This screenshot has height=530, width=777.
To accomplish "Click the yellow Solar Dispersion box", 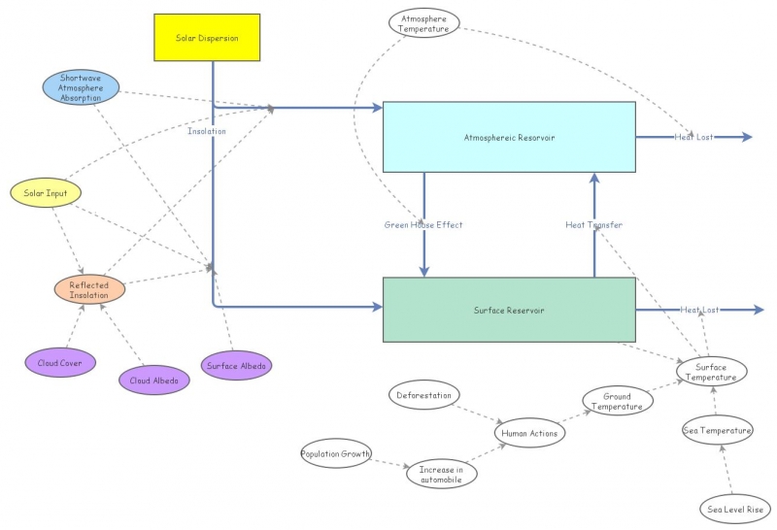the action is point(207,38).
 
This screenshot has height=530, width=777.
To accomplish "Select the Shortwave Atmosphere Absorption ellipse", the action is point(81,87).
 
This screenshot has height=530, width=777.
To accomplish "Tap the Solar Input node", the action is point(46,192).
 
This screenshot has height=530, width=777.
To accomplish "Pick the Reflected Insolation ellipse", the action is point(89,290).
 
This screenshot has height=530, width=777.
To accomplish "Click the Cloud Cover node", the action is point(60,363).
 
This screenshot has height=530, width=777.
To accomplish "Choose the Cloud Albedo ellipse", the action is point(154,380).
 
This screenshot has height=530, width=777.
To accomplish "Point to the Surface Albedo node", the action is point(236,366).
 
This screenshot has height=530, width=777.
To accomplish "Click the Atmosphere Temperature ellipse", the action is point(424,23).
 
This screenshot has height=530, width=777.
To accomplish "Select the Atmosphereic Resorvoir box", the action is point(509,137).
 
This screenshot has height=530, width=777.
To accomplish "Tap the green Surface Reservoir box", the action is point(509,310).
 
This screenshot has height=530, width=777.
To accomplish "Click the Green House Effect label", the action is point(423,225).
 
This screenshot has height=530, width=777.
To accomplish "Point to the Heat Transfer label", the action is point(594,225).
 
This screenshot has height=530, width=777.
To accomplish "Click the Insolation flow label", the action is point(207,131).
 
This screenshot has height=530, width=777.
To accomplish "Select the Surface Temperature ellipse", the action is point(712,372).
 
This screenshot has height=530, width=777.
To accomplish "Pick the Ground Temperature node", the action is point(618,401).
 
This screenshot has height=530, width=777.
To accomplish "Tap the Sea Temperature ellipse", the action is point(718,430).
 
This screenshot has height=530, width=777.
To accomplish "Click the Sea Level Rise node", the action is point(735,509).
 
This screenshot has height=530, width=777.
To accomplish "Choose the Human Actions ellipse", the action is point(529,433).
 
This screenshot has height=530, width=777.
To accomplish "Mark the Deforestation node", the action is point(424,395).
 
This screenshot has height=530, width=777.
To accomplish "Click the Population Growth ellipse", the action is point(336,453).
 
